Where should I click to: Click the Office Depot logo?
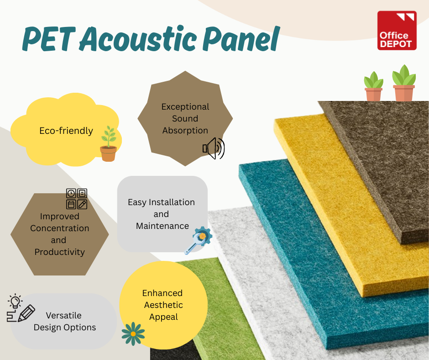397,31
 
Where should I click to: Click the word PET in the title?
49,39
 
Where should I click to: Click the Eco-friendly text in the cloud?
66,131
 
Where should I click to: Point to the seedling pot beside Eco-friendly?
109,143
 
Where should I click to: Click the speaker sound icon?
214,148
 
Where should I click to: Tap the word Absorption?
185,130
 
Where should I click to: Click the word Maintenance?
162,226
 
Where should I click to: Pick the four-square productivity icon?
77,199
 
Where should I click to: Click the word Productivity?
60,252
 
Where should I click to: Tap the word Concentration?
60,228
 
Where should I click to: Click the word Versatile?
64,315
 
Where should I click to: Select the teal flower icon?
133,334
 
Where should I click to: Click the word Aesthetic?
163,305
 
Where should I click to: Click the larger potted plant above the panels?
404,83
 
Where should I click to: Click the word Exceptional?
185,107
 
